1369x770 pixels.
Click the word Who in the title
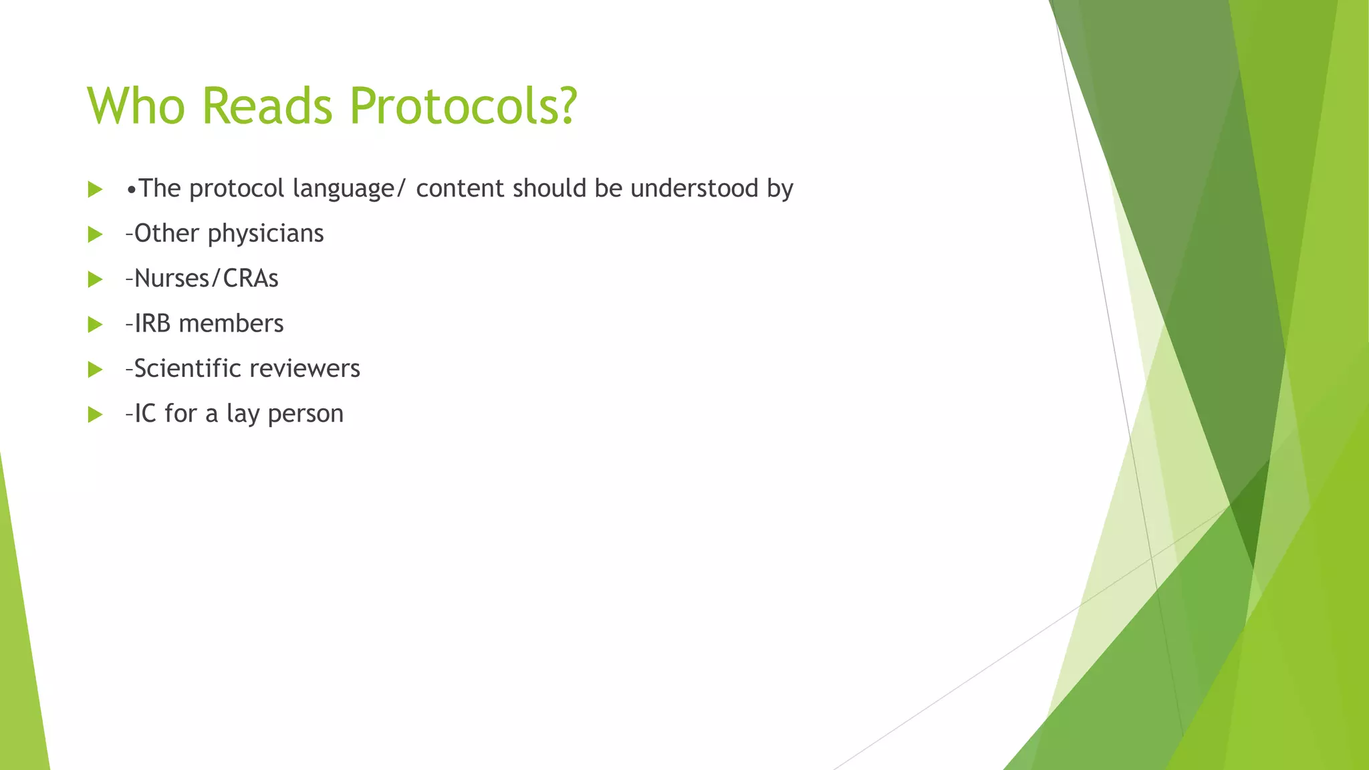pos(136,106)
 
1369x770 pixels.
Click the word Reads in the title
pos(267,106)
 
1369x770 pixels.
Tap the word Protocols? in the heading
pos(463,106)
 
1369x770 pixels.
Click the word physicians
pos(265,234)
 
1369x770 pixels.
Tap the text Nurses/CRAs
pos(206,279)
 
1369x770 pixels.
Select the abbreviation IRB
pos(152,324)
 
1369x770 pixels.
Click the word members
pos(231,324)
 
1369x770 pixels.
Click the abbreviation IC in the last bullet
pos(145,414)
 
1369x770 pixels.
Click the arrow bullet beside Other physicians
pos(95,235)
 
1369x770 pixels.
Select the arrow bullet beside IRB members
pos(95,325)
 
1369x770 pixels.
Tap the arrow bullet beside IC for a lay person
pos(95,415)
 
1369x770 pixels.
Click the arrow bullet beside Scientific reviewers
pos(95,370)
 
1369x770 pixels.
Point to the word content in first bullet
pos(460,188)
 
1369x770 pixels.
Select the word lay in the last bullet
pos(243,414)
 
